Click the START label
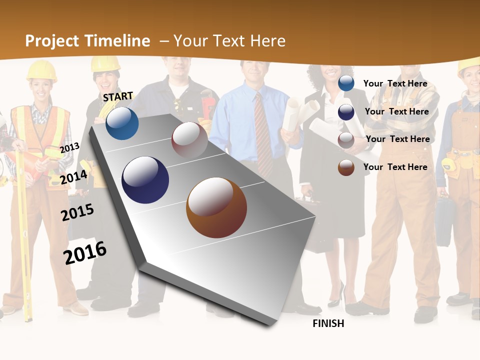118,96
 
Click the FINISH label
328,323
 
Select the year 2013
69,148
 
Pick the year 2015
77,212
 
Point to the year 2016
85,252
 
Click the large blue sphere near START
122,123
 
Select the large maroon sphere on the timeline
189,140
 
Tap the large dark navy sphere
145,180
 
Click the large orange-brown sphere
216,207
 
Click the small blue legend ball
346,83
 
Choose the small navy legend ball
346,112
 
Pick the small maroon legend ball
346,140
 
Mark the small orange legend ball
346,167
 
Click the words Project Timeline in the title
87,41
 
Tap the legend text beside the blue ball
395,83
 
